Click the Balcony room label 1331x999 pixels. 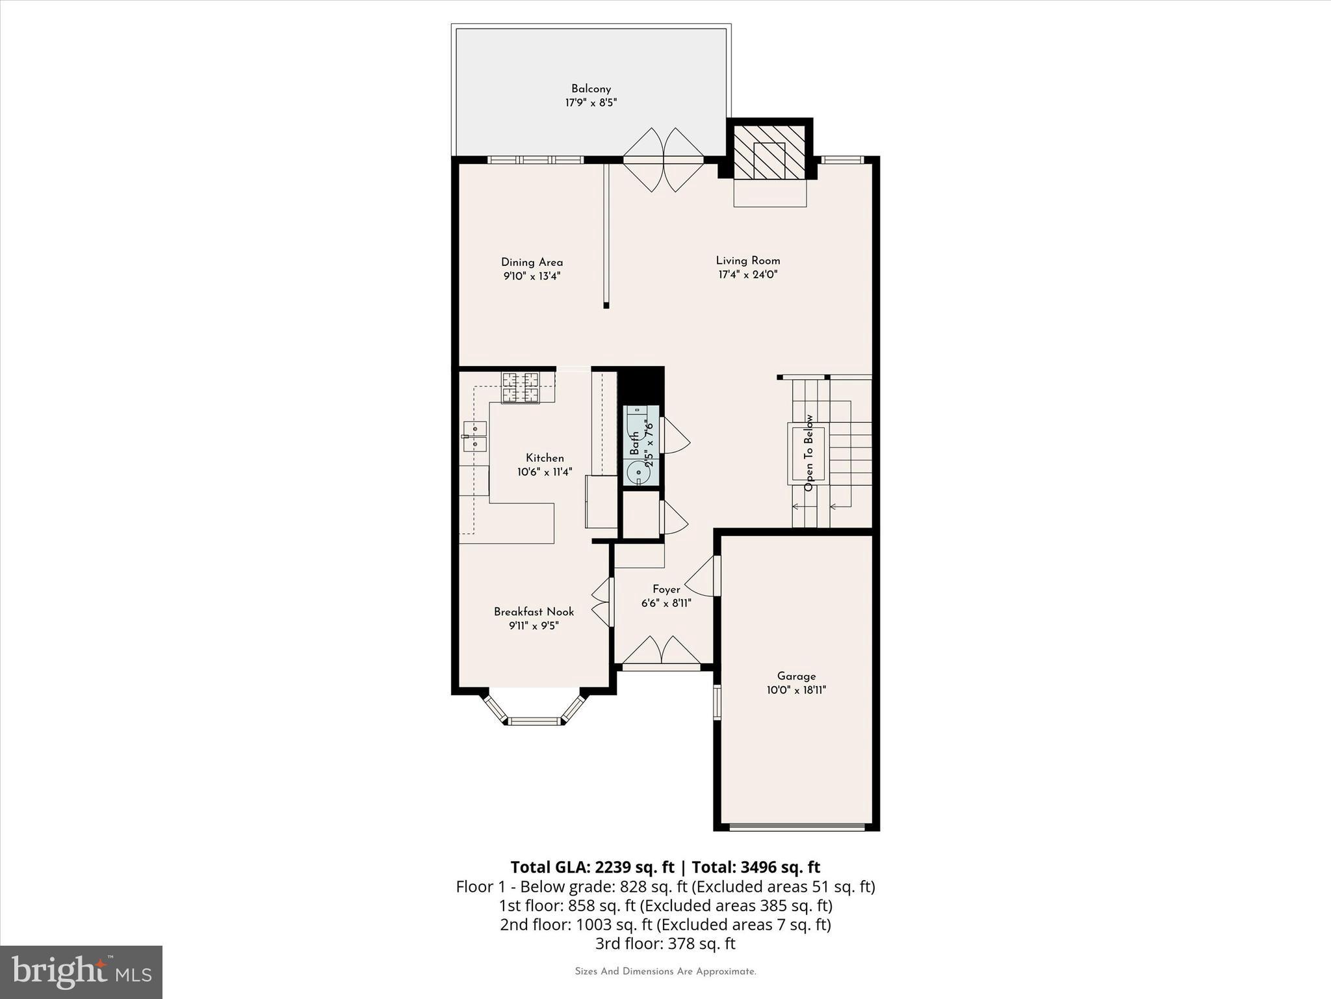coord(591,89)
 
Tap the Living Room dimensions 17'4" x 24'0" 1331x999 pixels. coord(747,274)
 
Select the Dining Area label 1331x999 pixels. coord(532,262)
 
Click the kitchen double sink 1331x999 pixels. coord(475,436)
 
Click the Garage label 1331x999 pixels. coord(795,676)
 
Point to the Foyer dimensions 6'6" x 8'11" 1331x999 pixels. coord(665,603)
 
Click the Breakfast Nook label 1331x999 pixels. coord(534,611)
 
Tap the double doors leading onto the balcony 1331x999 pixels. coord(664,159)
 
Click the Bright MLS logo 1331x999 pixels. coord(81,972)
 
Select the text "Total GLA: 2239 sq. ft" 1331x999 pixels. coord(592,867)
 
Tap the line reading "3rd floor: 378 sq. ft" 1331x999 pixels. coord(665,943)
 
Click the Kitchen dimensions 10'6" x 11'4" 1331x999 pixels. coord(545,472)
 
